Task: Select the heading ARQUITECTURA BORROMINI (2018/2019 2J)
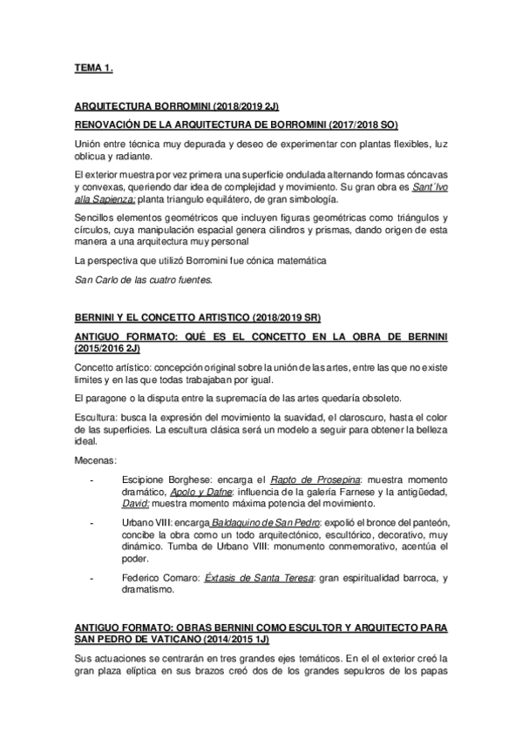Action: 177,105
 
